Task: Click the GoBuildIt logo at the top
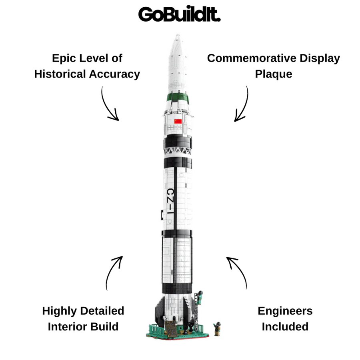point(179,14)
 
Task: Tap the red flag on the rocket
point(178,121)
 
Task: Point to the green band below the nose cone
point(178,98)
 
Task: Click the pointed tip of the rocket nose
point(178,35)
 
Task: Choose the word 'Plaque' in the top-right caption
point(274,74)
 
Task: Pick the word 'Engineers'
point(285,311)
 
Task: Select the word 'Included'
point(285,326)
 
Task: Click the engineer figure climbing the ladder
point(200,298)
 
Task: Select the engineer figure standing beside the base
point(217,329)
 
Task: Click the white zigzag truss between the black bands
point(178,151)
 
